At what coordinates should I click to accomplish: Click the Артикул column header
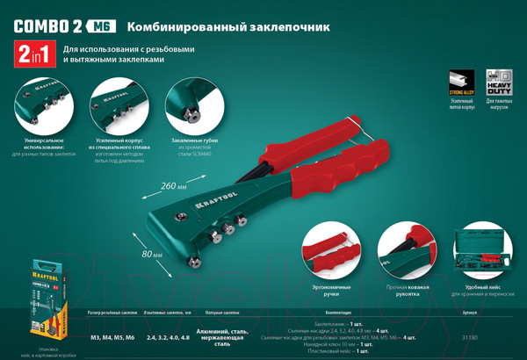pos(473,312)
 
